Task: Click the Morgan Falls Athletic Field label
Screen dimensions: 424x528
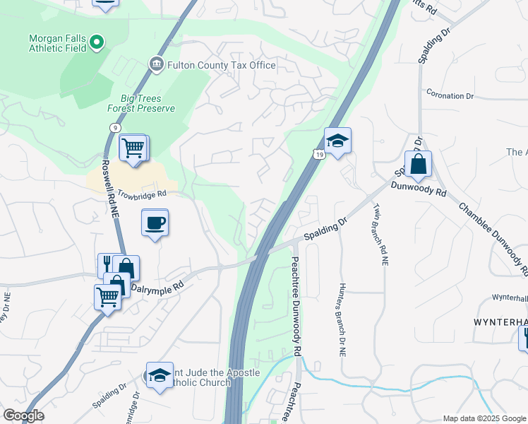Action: pos(58,43)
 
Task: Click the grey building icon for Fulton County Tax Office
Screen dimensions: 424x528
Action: pos(156,65)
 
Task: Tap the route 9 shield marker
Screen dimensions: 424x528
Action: pos(113,126)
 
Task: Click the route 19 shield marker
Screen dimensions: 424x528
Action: pos(319,153)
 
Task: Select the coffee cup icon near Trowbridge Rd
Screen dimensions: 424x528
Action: pos(155,223)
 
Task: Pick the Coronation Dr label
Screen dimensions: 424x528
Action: pos(450,95)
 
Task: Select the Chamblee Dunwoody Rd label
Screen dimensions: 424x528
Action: pos(493,239)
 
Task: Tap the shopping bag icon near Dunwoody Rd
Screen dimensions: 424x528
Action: pos(418,165)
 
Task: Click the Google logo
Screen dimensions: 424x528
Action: pos(23,416)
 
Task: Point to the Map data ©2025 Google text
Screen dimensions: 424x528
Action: pos(484,418)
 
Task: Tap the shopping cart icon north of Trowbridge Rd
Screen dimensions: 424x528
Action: pos(133,148)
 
